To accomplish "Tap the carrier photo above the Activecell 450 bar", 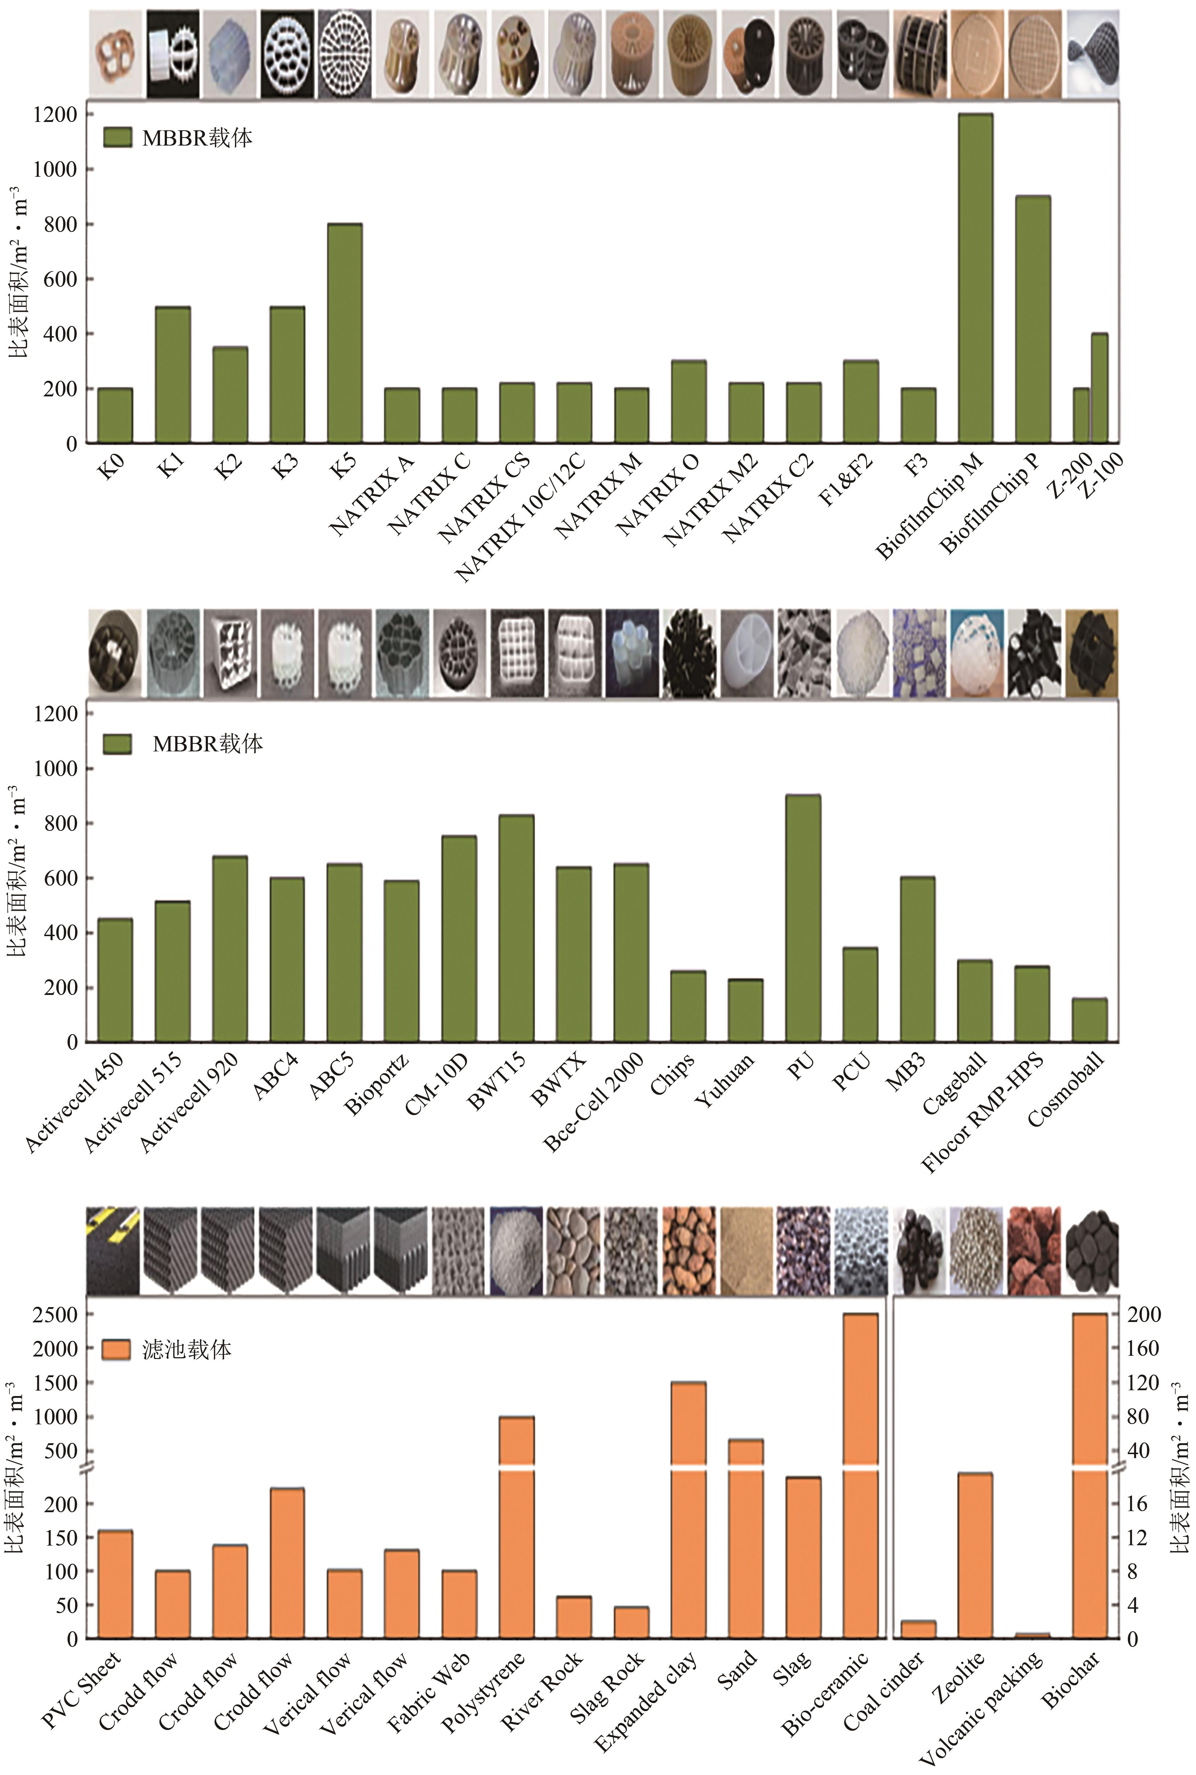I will click(x=115, y=653).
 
